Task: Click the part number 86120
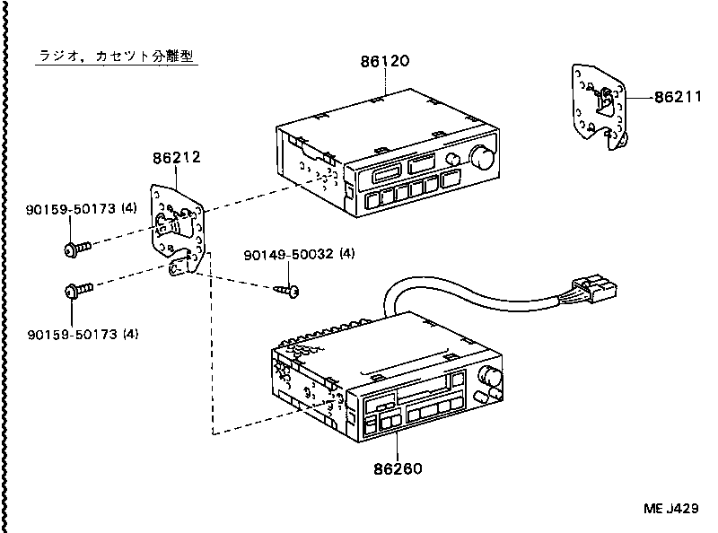point(384,62)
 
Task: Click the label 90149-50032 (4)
point(299,254)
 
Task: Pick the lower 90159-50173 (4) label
point(81,335)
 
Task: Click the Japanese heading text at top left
point(117,56)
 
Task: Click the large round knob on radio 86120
point(482,159)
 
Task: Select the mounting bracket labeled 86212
point(179,224)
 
